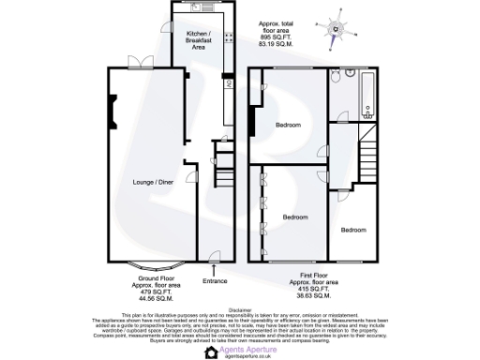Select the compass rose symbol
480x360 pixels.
pyautogui.click(x=337, y=28)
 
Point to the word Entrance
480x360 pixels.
pyautogui.click(x=215, y=280)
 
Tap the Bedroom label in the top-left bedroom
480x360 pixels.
pyautogui.click(x=288, y=126)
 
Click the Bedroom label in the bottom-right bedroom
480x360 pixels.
pyautogui.click(x=353, y=230)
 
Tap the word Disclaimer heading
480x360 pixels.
pyautogui.click(x=239, y=307)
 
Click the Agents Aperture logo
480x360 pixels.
pyautogui.click(x=239, y=350)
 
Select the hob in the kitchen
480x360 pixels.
pyautogui.click(x=228, y=40)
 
